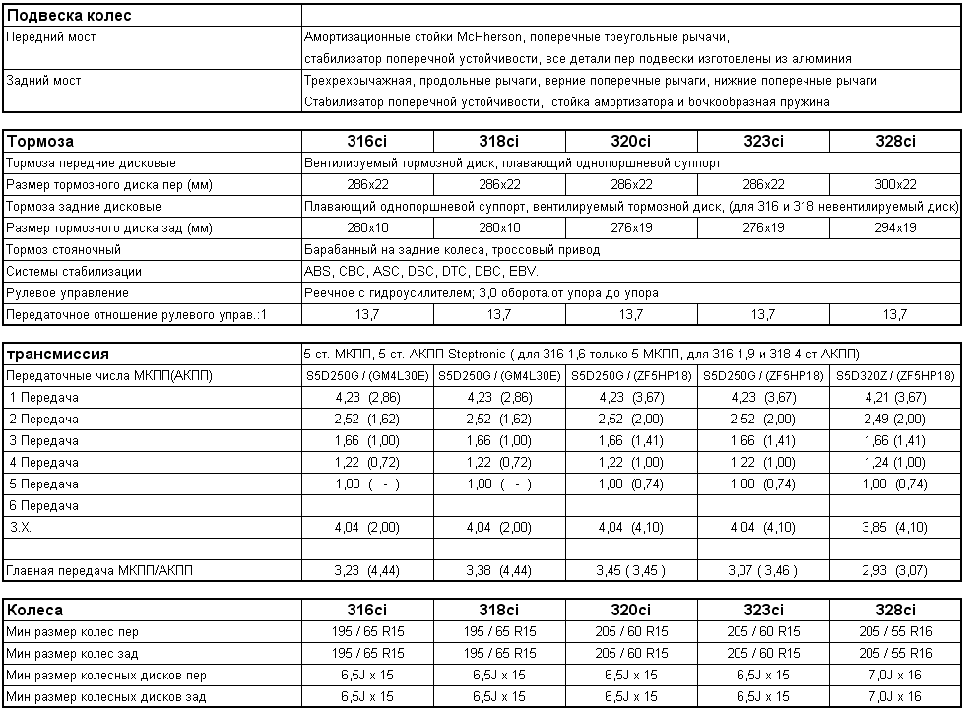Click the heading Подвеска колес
pyautogui.click(x=69, y=15)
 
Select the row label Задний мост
pyautogui.click(x=43, y=80)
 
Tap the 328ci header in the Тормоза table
pyautogui.click(x=895, y=141)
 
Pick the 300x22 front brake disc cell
pyautogui.click(x=895, y=184)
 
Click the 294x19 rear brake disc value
pyautogui.click(x=895, y=227)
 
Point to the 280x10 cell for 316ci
pyautogui.click(x=367, y=227)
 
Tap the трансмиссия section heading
pyautogui.click(x=57, y=354)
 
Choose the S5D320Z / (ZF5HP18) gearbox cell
pyautogui.click(x=895, y=375)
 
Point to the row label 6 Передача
pyautogui.click(x=44, y=505)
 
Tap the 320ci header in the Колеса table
pyautogui.click(x=631, y=610)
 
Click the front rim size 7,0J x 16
pyautogui.click(x=895, y=675)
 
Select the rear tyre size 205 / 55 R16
pyautogui.click(x=895, y=653)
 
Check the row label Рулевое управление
pyautogui.click(x=67, y=292)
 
